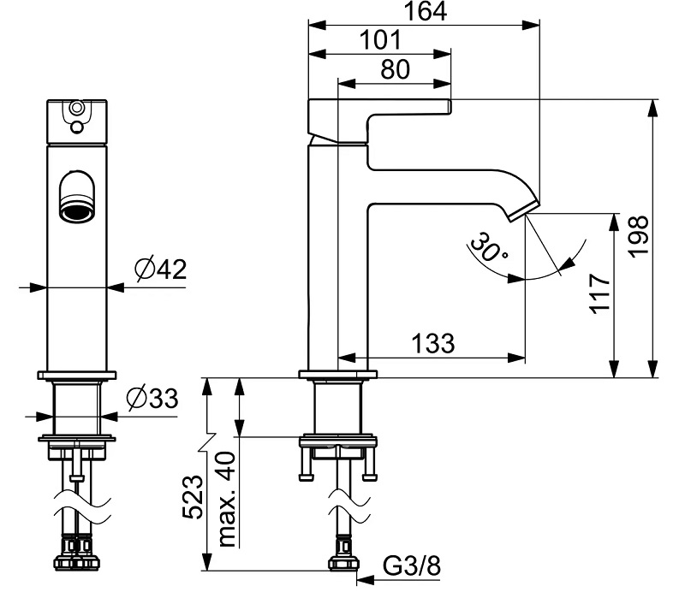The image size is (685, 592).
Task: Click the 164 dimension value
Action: (426, 12)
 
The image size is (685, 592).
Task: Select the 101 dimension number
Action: (379, 40)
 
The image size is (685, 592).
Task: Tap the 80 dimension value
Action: (396, 69)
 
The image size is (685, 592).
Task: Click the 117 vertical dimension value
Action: (600, 293)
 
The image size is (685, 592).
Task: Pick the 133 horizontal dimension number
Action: (433, 343)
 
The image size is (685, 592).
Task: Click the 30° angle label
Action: (488, 247)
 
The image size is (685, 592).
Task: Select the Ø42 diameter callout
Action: (160, 269)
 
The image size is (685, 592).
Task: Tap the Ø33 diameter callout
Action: (152, 398)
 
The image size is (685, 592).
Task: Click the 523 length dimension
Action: (194, 497)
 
